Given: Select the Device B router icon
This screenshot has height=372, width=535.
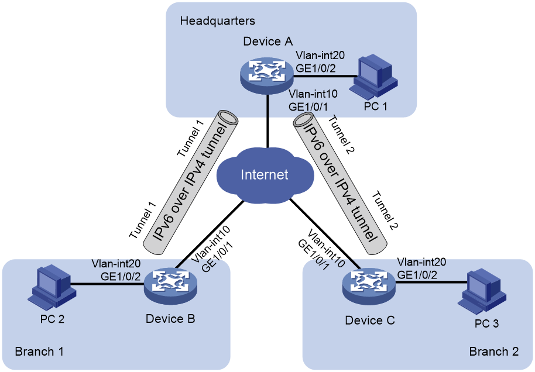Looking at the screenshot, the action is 170,285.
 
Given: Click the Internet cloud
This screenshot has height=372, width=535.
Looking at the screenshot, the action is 265,175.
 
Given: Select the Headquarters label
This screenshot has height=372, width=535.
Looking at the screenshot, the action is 217,21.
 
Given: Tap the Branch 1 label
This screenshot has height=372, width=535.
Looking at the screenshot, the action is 39,351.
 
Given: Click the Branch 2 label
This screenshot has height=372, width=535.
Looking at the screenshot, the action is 493,351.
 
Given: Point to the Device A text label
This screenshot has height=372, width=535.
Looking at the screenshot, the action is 268,42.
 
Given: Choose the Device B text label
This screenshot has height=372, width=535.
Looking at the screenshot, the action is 170,319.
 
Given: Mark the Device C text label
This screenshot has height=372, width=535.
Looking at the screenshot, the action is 370,321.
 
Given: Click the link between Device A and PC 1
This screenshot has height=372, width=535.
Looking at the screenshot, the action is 324,75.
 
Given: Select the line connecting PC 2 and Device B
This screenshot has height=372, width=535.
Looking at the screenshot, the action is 107,284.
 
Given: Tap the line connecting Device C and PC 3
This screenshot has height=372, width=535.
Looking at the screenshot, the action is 431,283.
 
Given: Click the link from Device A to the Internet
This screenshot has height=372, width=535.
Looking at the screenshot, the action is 268,122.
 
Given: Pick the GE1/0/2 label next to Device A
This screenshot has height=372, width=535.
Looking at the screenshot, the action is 315,68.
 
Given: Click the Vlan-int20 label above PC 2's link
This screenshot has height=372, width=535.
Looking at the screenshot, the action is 116,264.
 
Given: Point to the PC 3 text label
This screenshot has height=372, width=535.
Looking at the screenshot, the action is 486,323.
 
